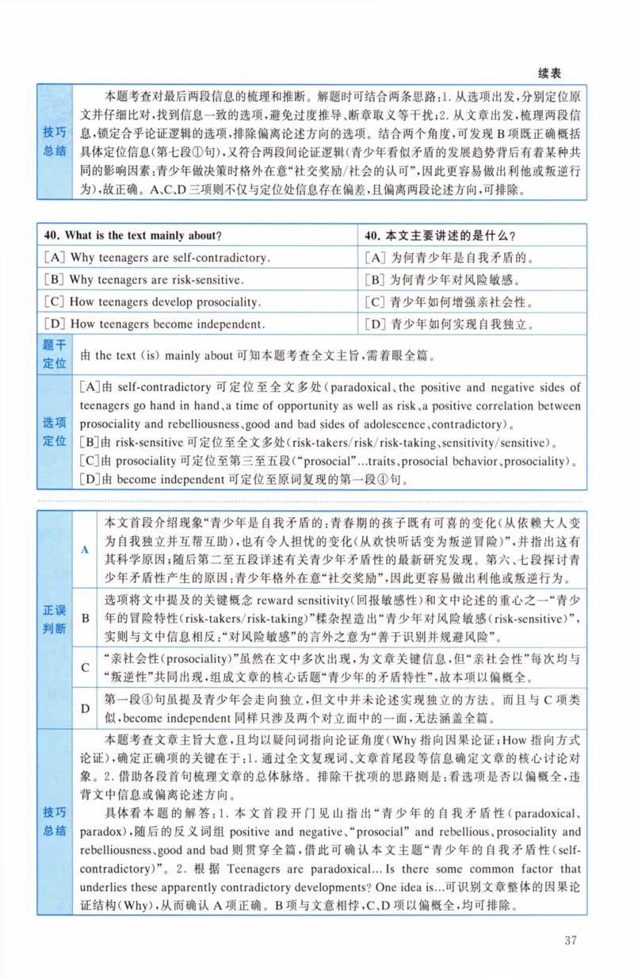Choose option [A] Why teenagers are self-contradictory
tap(158, 258)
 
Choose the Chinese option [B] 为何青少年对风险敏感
tap(443, 279)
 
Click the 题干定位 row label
tap(55, 355)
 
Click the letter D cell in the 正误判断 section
tap(85, 708)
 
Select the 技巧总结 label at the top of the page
tap(55, 141)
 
